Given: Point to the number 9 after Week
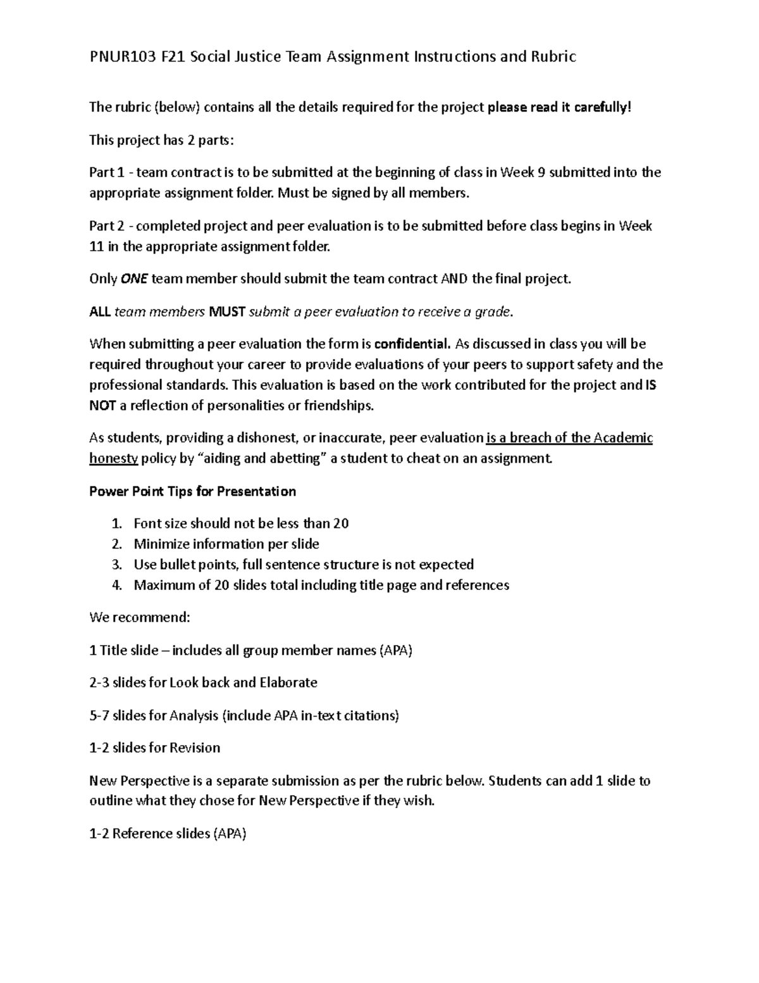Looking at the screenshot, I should coord(541,172).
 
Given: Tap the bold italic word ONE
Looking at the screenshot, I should coord(133,279).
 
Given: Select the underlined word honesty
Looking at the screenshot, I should coord(114,458).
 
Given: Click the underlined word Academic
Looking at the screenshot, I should coord(622,438).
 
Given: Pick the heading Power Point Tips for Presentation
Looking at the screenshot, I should coord(192,491).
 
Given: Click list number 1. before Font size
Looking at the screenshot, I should coord(116,523).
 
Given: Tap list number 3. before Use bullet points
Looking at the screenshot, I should coord(116,565).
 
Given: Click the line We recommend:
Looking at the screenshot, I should coord(140,617).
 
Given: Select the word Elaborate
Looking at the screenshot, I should coord(288,682).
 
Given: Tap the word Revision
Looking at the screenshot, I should coord(195,748).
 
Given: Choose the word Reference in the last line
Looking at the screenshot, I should coord(142,834).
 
